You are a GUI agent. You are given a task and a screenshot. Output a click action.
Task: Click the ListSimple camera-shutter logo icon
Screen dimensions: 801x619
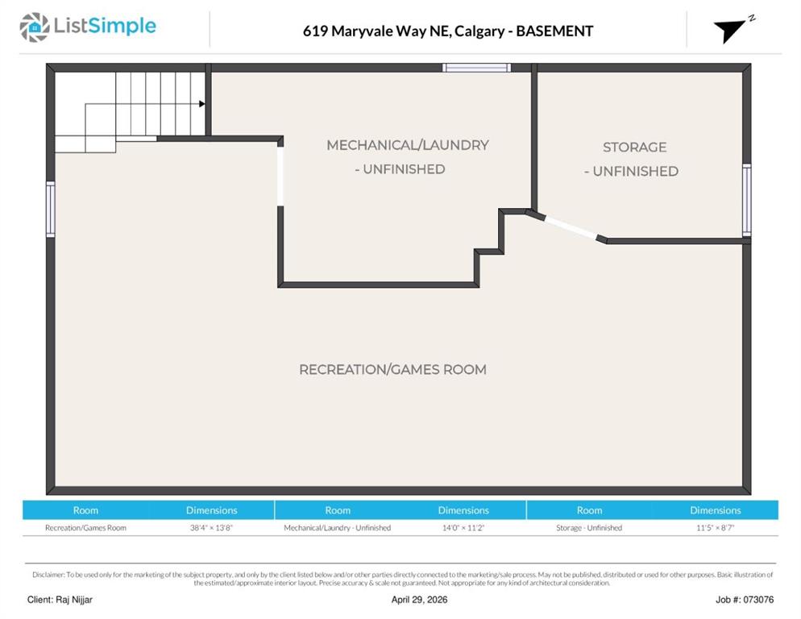point(35,27)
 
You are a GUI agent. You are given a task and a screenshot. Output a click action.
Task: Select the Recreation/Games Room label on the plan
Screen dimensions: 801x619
point(392,370)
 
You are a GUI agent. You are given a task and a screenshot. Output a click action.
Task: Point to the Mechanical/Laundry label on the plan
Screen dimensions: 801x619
point(408,145)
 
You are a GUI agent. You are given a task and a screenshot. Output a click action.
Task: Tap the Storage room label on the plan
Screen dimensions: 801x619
point(634,147)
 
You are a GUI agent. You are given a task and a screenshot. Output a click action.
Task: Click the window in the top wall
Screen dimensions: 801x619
point(476,68)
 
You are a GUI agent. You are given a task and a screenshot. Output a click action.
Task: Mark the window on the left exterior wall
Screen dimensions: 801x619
point(51,209)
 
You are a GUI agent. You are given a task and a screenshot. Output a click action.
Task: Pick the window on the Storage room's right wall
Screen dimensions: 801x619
point(747,200)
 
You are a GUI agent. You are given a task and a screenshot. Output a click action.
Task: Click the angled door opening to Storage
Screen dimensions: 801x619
point(571,227)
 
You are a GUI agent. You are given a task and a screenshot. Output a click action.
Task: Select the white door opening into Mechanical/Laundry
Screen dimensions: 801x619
point(280,177)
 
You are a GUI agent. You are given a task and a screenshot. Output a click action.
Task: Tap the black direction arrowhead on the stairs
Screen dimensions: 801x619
point(202,104)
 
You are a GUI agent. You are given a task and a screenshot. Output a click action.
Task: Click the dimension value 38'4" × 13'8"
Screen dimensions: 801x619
point(211,527)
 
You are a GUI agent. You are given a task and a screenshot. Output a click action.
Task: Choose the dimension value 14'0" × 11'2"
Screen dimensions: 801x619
point(463,527)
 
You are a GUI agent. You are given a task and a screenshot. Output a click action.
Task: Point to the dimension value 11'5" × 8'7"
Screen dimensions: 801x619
point(716,527)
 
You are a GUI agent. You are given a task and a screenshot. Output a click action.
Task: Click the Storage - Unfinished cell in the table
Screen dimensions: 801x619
point(589,527)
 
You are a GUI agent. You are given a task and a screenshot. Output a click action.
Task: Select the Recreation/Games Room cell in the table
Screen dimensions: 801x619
point(85,527)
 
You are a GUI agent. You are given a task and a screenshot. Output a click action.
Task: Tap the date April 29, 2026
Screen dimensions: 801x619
point(419,600)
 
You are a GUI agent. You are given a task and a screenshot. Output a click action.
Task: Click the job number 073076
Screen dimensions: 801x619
point(758,600)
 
